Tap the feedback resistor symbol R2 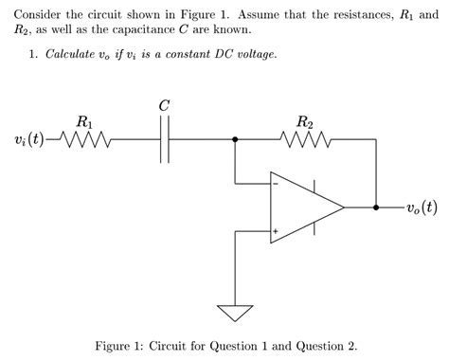tap(305, 141)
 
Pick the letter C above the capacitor tap(165, 105)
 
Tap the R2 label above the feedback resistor tap(305, 121)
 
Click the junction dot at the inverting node tap(235, 141)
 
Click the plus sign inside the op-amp tap(277, 230)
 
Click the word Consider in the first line tap(39, 15)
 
